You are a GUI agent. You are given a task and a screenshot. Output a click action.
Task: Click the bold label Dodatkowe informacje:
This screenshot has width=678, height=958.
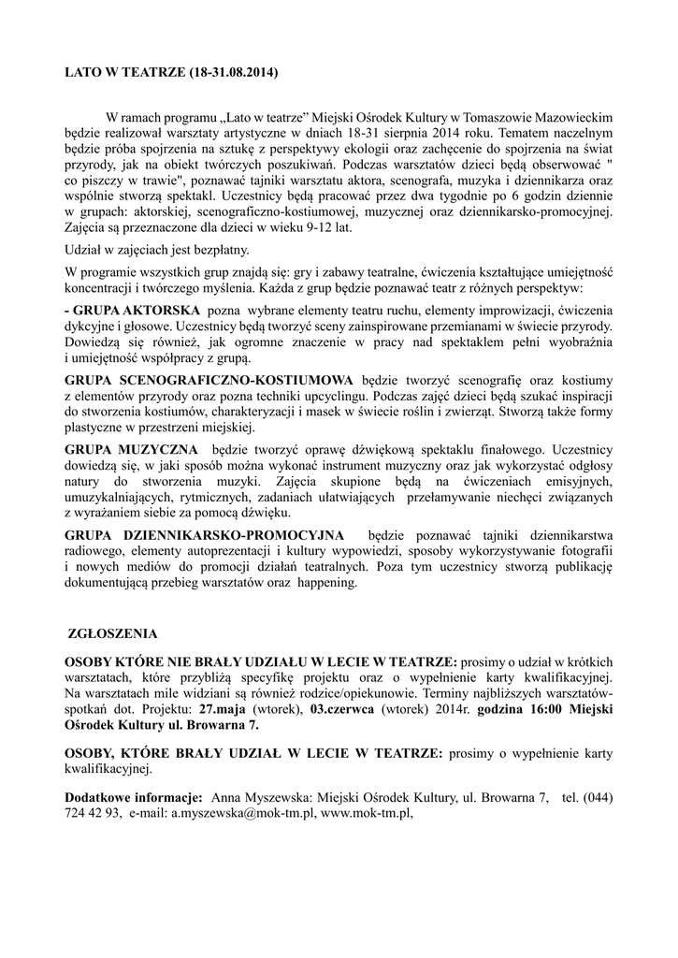click(x=134, y=796)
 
